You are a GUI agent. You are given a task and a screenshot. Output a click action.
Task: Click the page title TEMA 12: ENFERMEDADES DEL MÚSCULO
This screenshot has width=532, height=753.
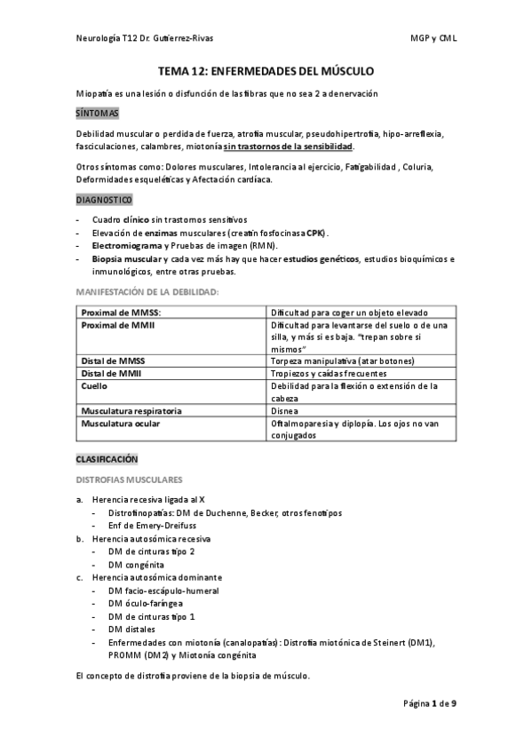(x=266, y=69)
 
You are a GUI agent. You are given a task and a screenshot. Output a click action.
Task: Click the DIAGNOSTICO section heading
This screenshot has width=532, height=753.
(x=104, y=201)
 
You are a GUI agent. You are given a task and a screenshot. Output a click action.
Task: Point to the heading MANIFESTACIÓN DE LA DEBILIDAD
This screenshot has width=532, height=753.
(x=147, y=291)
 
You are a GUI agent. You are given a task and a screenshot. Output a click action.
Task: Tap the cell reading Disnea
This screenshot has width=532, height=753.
(x=285, y=411)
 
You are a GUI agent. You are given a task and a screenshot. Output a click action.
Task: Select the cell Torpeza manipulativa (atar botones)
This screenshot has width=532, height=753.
(x=342, y=361)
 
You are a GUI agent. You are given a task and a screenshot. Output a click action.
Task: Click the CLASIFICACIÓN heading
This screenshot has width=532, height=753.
(x=107, y=460)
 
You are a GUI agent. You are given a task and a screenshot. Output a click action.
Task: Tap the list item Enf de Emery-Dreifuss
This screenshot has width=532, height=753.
(x=153, y=526)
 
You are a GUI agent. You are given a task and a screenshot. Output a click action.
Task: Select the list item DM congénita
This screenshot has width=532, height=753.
(x=135, y=564)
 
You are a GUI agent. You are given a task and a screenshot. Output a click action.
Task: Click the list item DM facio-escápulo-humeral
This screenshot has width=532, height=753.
(x=163, y=591)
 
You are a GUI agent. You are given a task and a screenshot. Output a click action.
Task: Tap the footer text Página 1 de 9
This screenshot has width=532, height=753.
(x=429, y=704)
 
